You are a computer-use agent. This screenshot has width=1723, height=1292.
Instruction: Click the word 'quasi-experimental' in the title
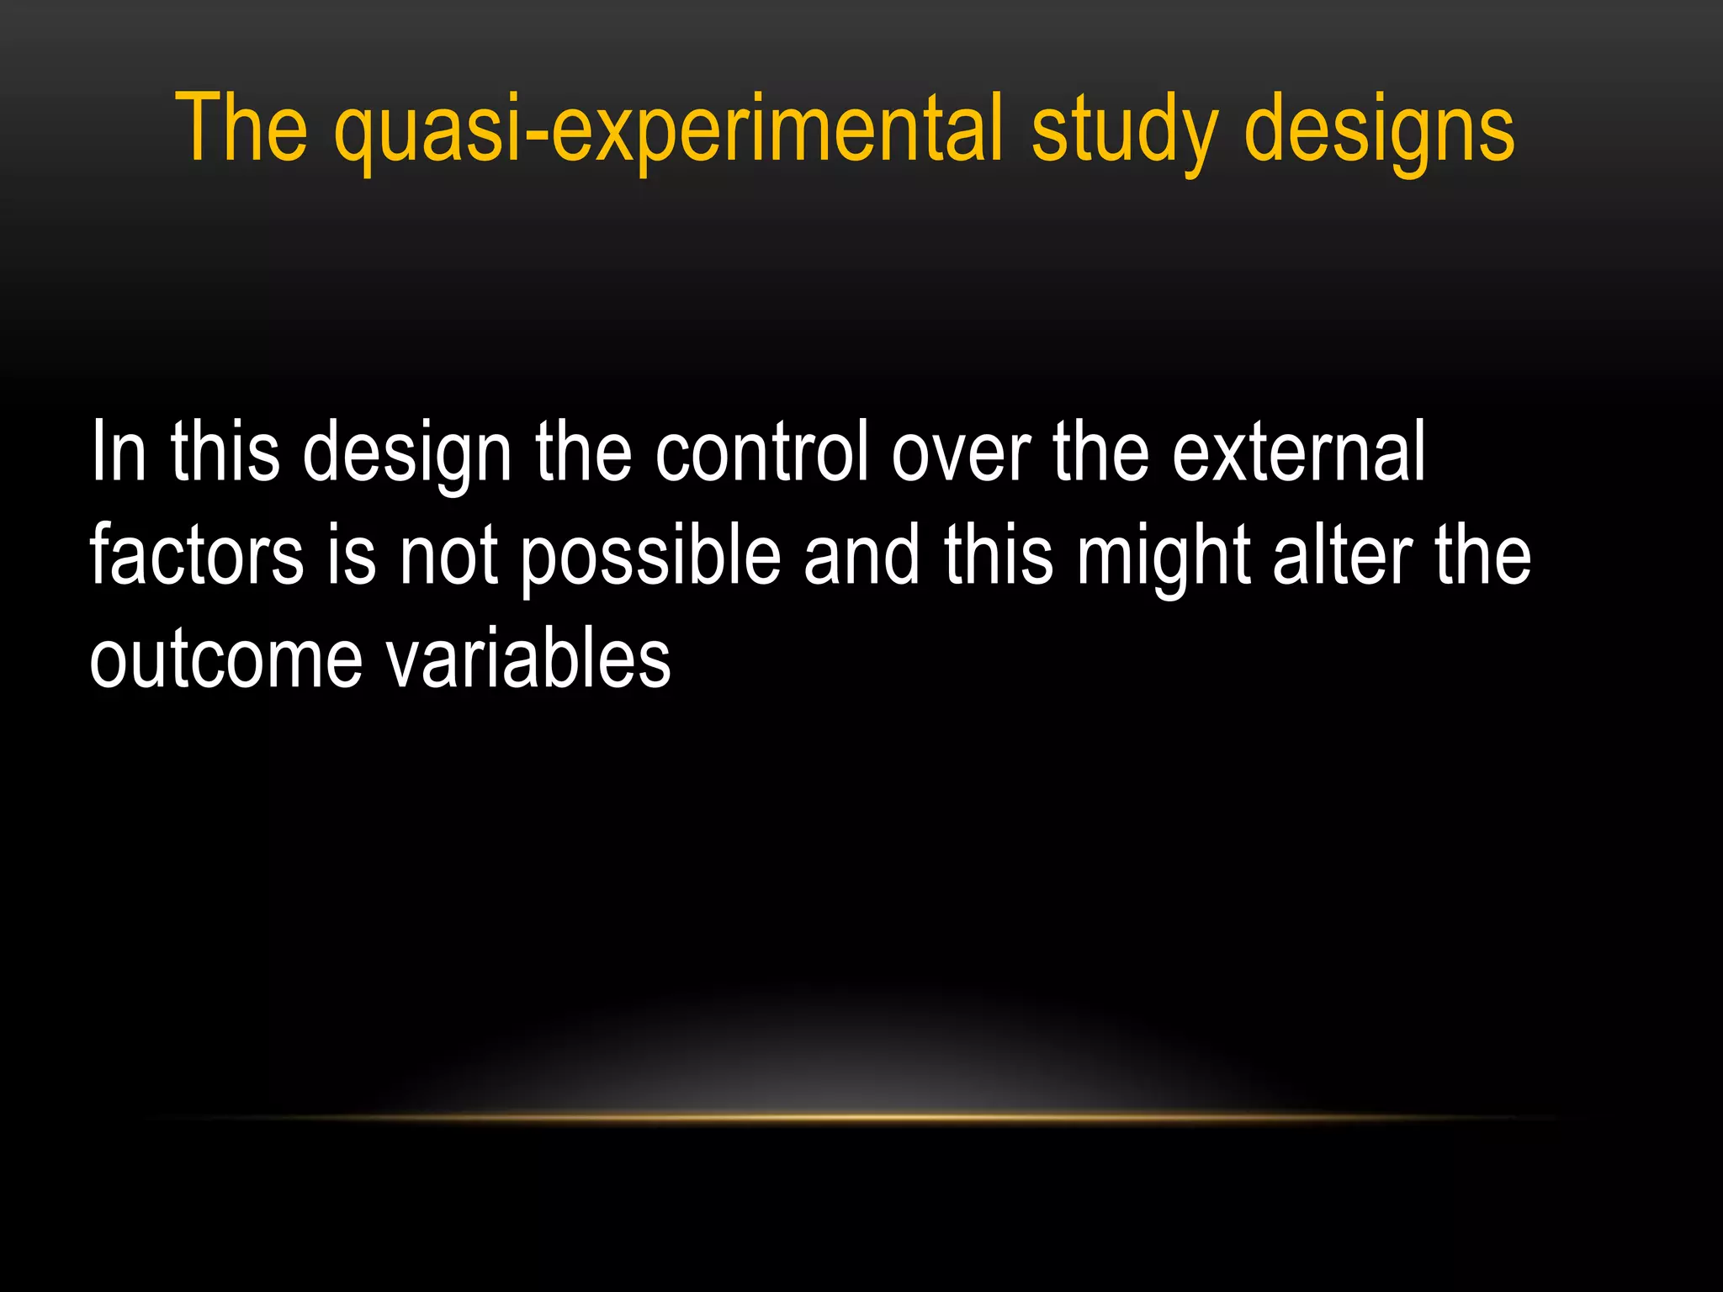click(668, 130)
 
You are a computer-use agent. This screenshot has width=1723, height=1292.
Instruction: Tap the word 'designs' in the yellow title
click(1379, 130)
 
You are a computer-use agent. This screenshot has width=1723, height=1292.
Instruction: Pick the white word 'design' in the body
click(407, 454)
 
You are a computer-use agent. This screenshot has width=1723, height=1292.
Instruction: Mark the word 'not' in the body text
click(448, 557)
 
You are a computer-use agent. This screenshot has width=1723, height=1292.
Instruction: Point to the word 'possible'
click(650, 557)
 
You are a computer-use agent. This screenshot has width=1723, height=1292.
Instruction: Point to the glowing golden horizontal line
click(861, 1118)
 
